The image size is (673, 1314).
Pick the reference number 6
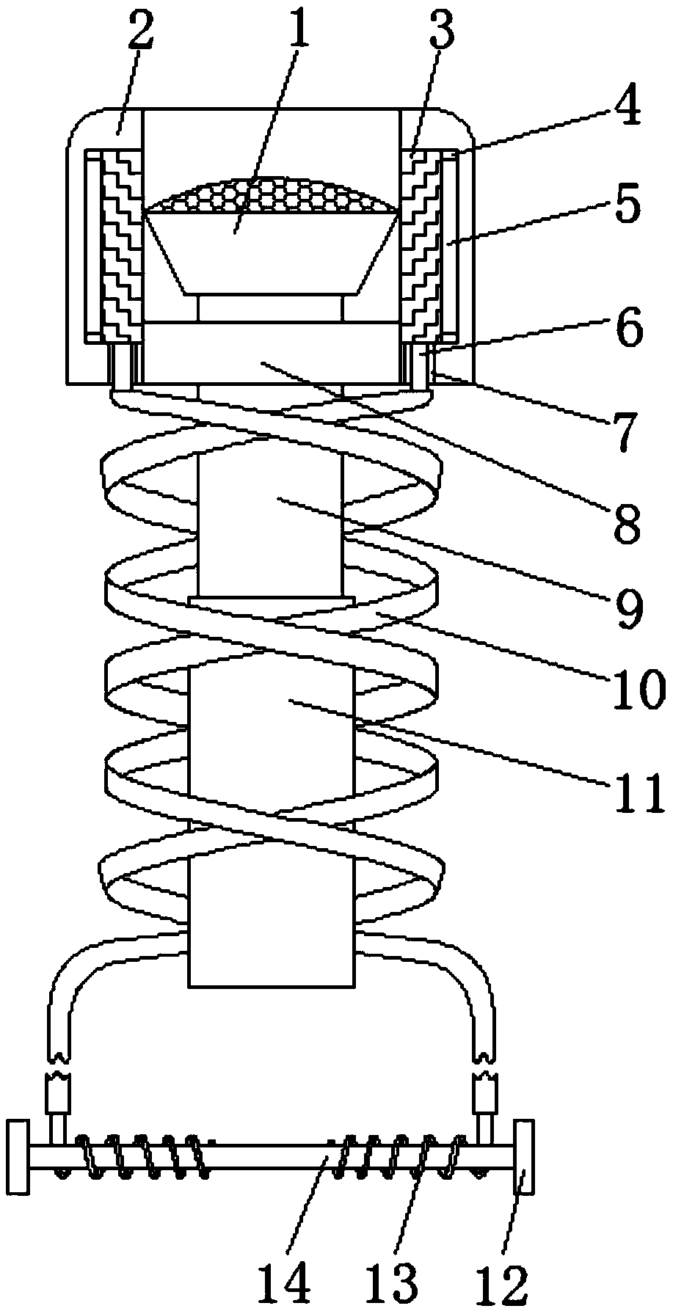[x=628, y=329]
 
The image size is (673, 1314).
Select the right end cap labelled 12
[x=523, y=1158]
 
